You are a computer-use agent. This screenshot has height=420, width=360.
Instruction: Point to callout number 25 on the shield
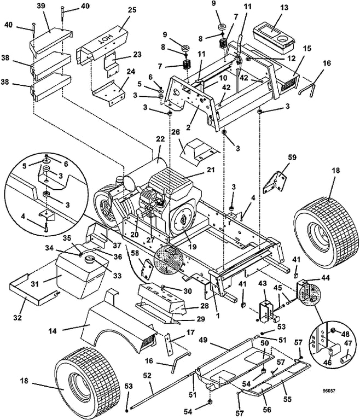132,11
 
